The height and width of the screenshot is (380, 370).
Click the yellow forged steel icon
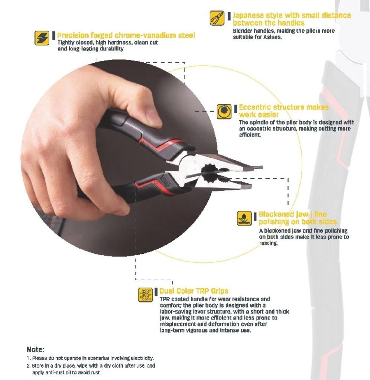42,38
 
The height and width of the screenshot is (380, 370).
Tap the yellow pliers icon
217,18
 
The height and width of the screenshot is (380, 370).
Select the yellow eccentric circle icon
224,111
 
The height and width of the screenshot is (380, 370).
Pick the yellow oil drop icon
244,218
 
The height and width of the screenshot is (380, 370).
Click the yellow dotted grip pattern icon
145,295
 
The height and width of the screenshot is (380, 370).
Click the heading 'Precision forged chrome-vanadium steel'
126,35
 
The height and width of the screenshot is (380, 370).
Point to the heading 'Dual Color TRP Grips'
194,291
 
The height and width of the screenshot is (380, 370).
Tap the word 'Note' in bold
35,350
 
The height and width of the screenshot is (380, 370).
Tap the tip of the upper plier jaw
262,167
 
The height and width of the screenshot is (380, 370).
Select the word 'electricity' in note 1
142,358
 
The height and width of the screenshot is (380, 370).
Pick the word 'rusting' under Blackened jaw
268,243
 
